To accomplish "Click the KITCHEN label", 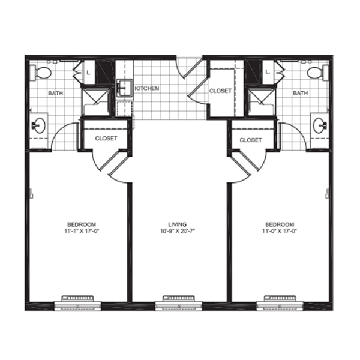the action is point(147,88).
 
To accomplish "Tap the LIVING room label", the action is point(178,224).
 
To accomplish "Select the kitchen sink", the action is point(124,88).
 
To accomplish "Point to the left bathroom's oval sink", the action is point(39,125).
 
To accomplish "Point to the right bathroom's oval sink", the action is point(320,125).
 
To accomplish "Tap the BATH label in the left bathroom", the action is point(56,93).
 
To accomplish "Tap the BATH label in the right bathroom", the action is point(300,93).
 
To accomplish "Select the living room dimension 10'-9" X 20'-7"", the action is point(178,231).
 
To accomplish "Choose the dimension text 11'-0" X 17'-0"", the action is point(280,231).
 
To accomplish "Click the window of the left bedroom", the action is point(77,304).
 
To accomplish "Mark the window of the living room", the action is point(179,304).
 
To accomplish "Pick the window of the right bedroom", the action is point(280,304).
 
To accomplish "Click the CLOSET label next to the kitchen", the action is point(220,91).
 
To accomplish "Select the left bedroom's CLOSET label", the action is point(106,139).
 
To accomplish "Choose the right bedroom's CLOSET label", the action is point(250,140).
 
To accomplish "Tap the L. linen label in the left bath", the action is point(89,73).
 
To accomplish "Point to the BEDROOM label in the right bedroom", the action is point(280,224).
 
